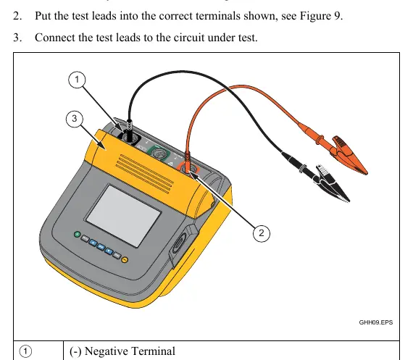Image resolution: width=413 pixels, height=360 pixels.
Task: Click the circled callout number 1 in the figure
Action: [77, 80]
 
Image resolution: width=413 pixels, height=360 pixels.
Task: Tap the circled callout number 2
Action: [262, 233]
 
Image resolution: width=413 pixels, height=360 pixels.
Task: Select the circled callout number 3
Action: [75, 119]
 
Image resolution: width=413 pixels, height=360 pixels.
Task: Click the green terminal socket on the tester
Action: [159, 154]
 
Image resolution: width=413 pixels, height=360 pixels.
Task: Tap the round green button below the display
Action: [78, 234]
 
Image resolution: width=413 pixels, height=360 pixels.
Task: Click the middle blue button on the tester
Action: [101, 246]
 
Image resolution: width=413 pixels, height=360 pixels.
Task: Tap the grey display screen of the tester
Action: [123, 216]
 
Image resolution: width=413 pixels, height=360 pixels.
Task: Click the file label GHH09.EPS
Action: [375, 322]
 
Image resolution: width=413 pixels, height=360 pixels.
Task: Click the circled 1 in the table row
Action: [25, 351]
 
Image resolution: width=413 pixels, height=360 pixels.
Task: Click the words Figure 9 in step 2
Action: [321, 16]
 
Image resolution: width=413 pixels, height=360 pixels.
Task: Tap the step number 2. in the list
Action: [17, 16]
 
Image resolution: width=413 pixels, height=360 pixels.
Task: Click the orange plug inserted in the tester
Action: [187, 162]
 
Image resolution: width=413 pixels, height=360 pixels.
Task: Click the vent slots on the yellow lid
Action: [144, 174]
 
